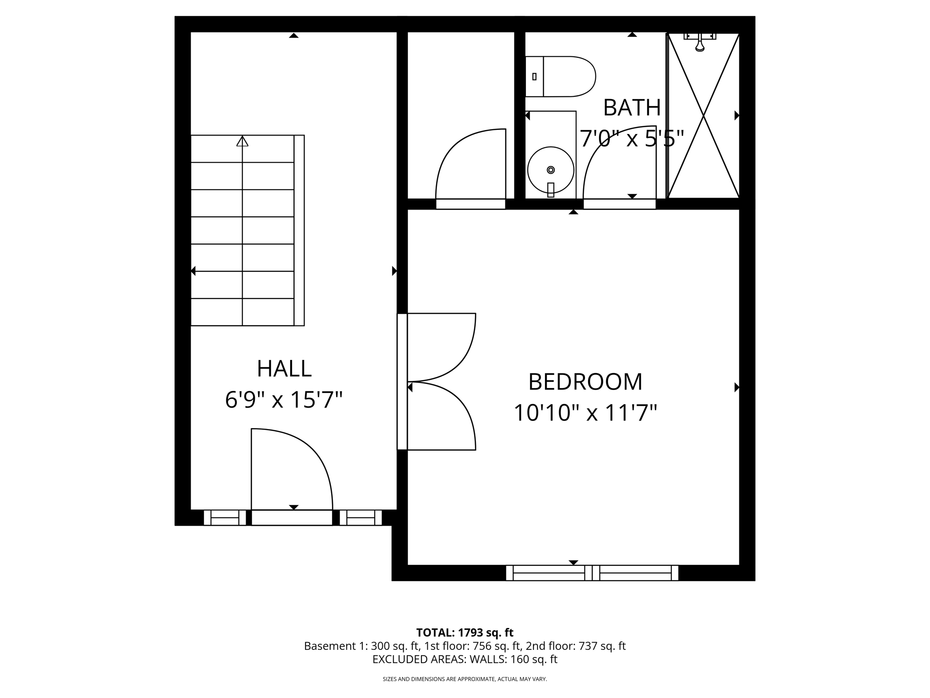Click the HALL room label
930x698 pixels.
(x=284, y=369)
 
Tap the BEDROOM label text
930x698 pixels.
(x=585, y=382)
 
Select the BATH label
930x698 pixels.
(x=632, y=108)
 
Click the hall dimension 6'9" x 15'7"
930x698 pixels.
(x=284, y=400)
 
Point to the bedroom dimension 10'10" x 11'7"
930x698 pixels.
(x=585, y=414)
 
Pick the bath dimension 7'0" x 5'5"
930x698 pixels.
(x=632, y=139)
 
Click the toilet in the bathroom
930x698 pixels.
(x=561, y=76)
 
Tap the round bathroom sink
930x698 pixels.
(x=550, y=170)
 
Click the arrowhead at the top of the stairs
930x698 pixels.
(x=242, y=141)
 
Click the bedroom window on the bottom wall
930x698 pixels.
(x=592, y=573)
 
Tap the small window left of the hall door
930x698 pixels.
(x=225, y=518)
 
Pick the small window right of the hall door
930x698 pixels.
(x=361, y=518)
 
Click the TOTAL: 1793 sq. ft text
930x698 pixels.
(x=465, y=633)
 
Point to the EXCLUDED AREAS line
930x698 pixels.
(x=465, y=659)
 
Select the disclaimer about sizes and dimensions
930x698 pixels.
(x=465, y=679)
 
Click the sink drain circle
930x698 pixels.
(x=551, y=170)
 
